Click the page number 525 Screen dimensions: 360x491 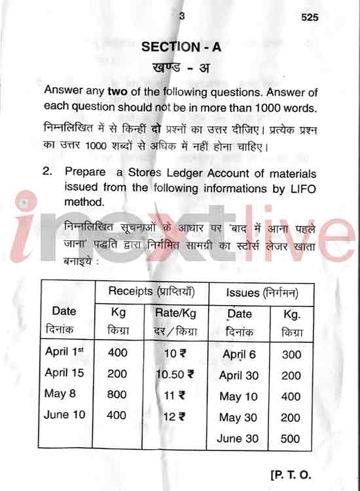[x=310, y=18]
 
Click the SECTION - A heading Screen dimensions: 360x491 [x=181, y=46]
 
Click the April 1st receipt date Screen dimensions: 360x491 [x=64, y=352]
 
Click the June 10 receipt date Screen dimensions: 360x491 [x=64, y=414]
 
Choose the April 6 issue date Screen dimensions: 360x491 [x=239, y=354]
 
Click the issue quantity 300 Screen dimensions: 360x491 [x=291, y=354]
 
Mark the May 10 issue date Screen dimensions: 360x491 [x=239, y=396]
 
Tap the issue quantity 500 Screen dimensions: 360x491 [x=291, y=439]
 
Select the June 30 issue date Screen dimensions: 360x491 [x=238, y=439]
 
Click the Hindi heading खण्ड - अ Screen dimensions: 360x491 [x=181, y=67]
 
